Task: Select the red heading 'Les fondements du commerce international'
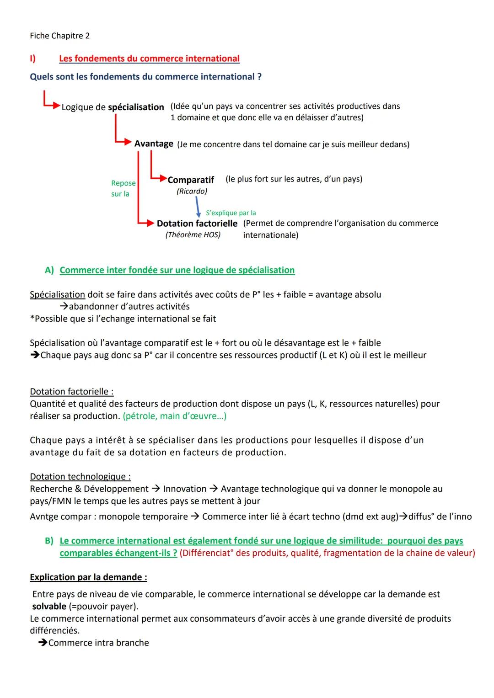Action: click(149, 59)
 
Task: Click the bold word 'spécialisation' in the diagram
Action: click(136, 107)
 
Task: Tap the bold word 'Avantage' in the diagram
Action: click(154, 144)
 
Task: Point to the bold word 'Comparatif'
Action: click(191, 180)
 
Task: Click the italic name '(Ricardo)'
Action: click(192, 191)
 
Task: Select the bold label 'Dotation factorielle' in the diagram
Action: click(197, 224)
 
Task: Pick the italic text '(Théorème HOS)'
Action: click(193, 235)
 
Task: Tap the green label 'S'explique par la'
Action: click(231, 213)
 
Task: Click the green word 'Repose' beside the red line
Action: click(123, 183)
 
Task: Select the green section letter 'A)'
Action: click(49, 270)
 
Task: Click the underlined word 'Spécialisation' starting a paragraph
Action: click(57, 294)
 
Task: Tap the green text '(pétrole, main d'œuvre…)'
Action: click(174, 416)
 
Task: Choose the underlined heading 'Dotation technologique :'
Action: click(80, 477)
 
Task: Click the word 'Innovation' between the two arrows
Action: click(185, 489)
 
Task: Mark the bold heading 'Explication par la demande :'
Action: click(88, 577)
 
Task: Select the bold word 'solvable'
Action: click(49, 607)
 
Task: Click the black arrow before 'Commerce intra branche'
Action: click(43, 643)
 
